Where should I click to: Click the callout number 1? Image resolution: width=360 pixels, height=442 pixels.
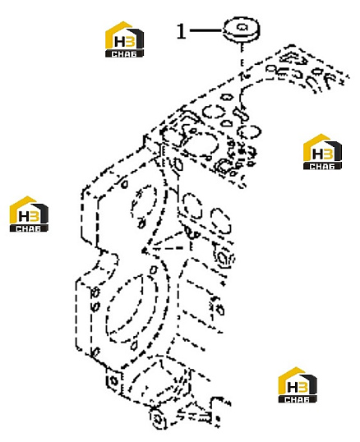pyautogui.click(x=182, y=31)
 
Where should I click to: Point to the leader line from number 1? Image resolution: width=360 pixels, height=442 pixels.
pyautogui.click(x=206, y=30)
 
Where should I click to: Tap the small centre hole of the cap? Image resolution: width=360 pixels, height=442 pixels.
pyautogui.click(x=242, y=27)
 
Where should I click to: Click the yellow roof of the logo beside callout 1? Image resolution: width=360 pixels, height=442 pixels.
pyautogui.click(x=118, y=32)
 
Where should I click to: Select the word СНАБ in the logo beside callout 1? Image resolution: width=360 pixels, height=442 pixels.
pyautogui.click(x=124, y=53)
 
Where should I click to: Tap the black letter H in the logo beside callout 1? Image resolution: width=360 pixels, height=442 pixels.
pyautogui.click(x=120, y=42)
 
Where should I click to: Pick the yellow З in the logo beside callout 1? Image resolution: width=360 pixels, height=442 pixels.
pyautogui.click(x=131, y=41)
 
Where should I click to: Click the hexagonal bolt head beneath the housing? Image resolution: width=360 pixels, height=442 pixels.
pyautogui.click(x=157, y=419)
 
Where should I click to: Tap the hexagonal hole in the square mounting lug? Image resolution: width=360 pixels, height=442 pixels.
pyautogui.click(x=113, y=381)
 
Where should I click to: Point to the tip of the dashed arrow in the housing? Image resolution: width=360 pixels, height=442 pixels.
pyautogui.click(x=143, y=251)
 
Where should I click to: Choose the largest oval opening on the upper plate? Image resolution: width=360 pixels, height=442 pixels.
pyautogui.click(x=202, y=146)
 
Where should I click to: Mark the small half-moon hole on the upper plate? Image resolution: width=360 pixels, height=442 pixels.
pyautogui.click(x=226, y=123)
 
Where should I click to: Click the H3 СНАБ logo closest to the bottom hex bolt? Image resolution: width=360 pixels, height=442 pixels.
pyautogui.click(x=298, y=384)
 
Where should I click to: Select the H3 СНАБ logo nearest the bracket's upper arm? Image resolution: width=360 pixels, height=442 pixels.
pyautogui.click(x=322, y=152)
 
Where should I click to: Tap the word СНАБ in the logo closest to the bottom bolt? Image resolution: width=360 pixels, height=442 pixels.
pyautogui.click(x=298, y=399)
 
